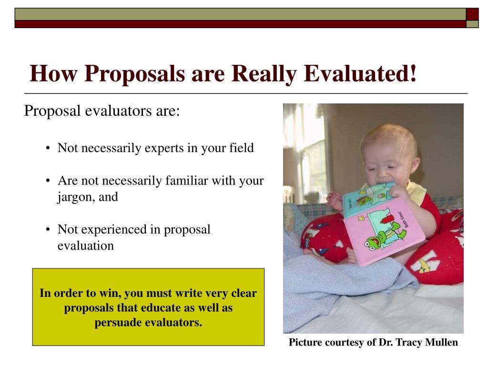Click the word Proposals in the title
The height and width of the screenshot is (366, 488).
click(135, 74)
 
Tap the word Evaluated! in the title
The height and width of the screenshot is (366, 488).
click(360, 73)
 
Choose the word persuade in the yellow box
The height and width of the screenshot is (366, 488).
click(118, 323)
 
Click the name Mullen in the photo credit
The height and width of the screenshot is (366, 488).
click(441, 342)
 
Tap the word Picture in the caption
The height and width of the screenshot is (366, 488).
click(305, 342)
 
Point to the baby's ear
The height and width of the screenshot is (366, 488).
click(415, 165)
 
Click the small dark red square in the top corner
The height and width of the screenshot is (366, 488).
click(472, 14)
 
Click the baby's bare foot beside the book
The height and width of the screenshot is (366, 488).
click(350, 256)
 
